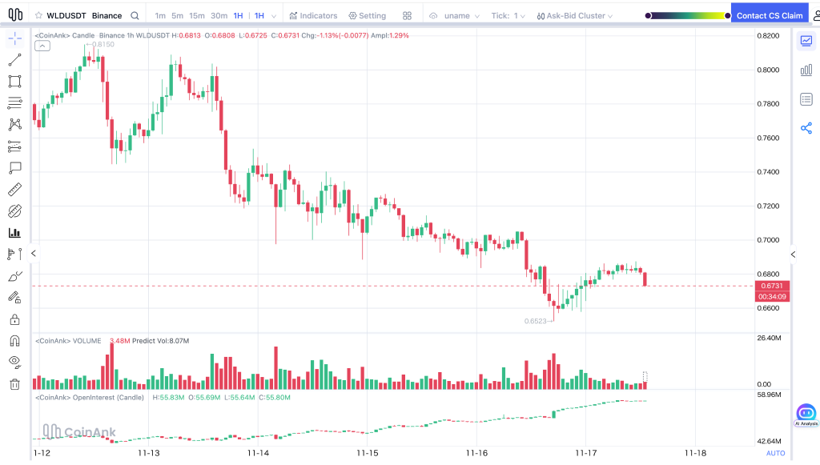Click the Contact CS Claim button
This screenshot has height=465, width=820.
click(x=770, y=15)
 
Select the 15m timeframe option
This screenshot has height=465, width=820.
click(x=197, y=16)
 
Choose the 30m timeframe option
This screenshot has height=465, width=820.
click(x=219, y=16)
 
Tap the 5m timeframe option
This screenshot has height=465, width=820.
click(x=178, y=16)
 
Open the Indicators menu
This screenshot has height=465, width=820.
click(x=313, y=16)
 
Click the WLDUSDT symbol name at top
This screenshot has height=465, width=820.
click(x=66, y=16)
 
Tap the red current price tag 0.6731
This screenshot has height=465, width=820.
click(x=772, y=286)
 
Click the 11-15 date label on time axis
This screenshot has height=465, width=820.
click(x=367, y=453)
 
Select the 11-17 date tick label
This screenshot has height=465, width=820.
click(x=586, y=453)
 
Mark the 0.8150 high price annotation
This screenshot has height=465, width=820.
click(x=102, y=45)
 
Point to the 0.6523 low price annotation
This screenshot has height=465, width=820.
click(x=536, y=321)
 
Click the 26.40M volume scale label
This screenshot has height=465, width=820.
click(x=769, y=338)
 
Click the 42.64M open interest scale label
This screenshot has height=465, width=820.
click(x=769, y=441)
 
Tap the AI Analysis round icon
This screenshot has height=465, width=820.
click(x=806, y=414)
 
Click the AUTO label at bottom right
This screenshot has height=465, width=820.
click(x=775, y=453)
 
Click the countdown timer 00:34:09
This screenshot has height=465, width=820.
click(x=772, y=297)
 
